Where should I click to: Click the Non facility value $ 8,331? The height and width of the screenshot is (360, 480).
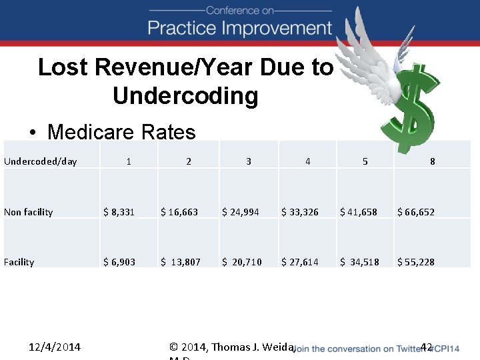tap(119, 212)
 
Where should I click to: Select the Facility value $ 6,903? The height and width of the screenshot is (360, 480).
tap(119, 262)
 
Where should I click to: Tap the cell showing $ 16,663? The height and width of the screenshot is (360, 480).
tap(179, 212)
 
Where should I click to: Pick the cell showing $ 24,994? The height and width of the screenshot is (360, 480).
tap(241, 212)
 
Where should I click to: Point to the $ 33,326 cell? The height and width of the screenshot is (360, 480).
tap(300, 212)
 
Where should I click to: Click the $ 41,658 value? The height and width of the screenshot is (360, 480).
tap(359, 212)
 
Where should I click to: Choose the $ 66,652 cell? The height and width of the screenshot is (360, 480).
tap(416, 212)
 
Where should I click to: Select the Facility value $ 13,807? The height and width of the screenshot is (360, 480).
tap(180, 262)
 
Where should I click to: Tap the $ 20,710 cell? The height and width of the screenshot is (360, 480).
tap(241, 262)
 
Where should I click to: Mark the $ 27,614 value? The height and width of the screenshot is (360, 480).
tap(300, 262)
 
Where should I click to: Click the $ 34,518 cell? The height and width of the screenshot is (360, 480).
tap(359, 262)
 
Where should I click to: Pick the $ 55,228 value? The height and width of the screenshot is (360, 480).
tap(416, 262)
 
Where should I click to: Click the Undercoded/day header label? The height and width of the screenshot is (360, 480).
tap(41, 161)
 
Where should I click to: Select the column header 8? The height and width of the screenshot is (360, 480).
tap(433, 161)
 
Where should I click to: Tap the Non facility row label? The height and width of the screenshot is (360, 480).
tap(29, 212)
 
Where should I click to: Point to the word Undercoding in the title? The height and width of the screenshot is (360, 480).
tap(185, 96)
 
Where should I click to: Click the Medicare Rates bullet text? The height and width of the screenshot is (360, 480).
tap(121, 132)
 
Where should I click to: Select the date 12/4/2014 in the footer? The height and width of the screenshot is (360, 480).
tap(55, 347)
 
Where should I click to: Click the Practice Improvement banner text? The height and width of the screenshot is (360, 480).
tap(240, 28)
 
